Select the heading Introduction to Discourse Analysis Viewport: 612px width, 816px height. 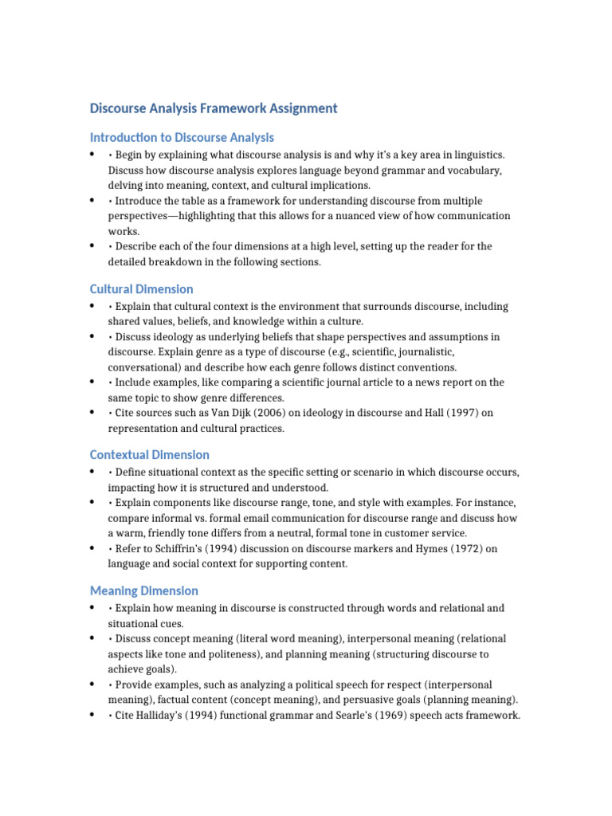[182, 137]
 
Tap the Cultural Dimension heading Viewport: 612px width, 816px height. [141, 289]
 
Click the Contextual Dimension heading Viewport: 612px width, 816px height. [150, 455]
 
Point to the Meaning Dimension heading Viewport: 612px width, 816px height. [144, 590]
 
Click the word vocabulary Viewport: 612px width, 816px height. [472, 171]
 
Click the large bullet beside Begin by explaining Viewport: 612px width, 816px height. [93, 154]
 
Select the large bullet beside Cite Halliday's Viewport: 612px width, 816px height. [93, 714]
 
